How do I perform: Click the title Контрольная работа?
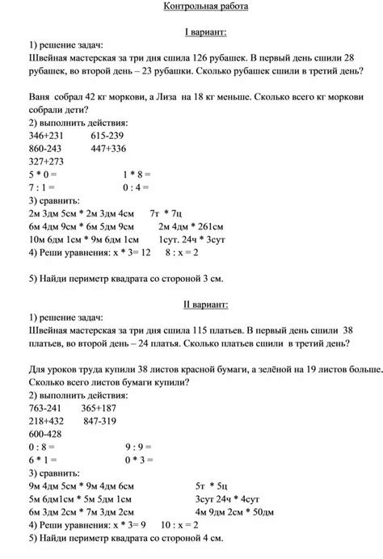[204, 7]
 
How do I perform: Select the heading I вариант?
[204, 31]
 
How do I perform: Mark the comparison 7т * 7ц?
[168, 212]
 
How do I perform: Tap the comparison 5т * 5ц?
[211, 485]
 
